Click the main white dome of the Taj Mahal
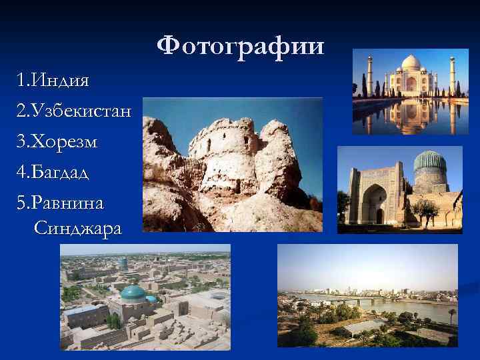point(411,64)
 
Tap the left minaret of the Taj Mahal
point(371,75)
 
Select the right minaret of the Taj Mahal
point(452,75)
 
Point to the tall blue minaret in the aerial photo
point(124,265)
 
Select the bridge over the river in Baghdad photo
point(373,301)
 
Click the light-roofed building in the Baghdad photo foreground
point(363,327)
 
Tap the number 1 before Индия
point(22,81)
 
